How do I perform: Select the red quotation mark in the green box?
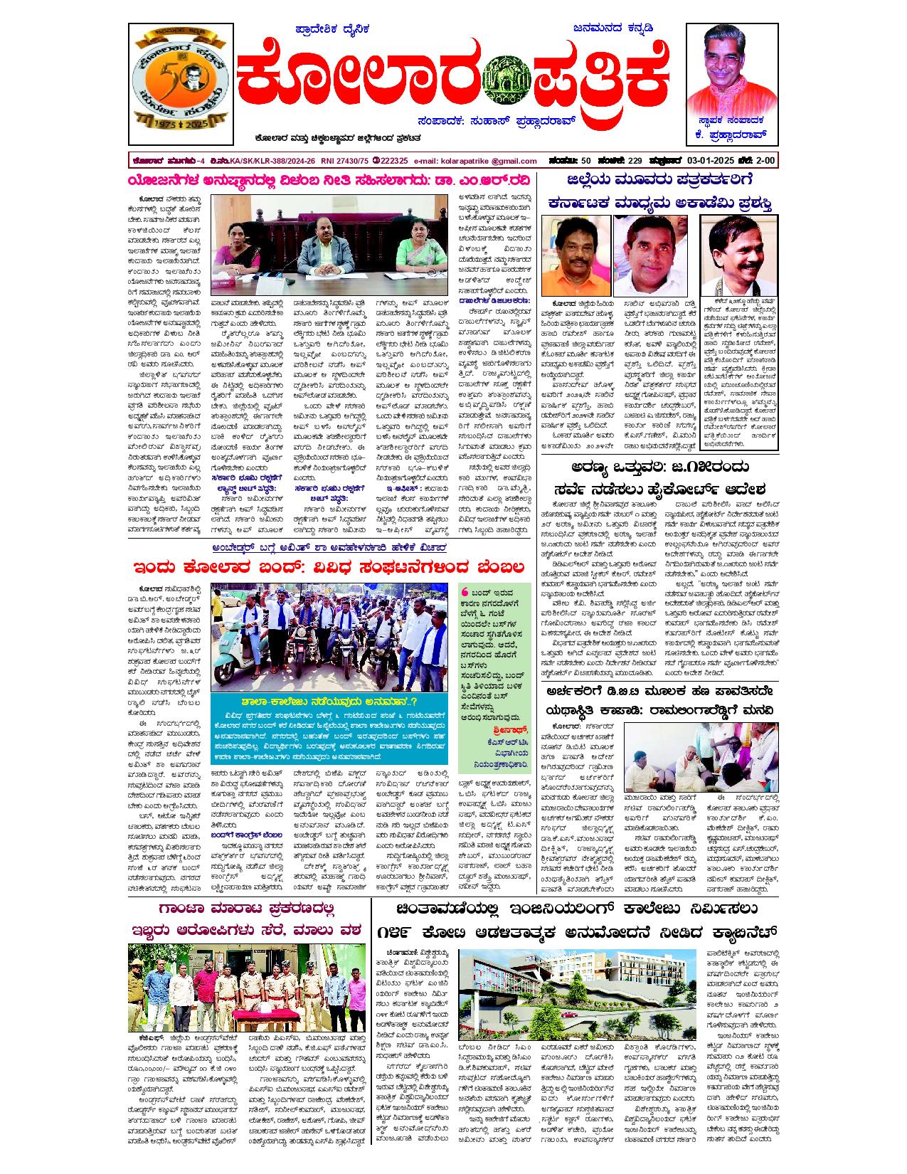pos(465,592)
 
